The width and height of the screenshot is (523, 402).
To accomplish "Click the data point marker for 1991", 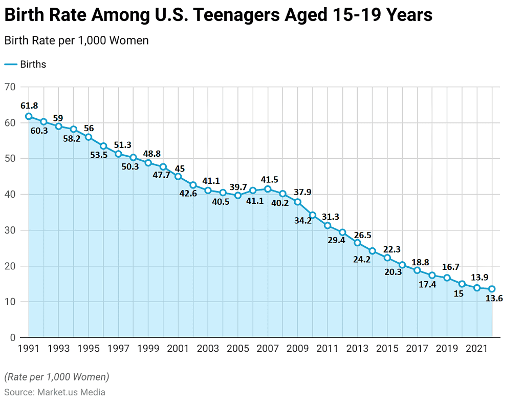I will (29, 116).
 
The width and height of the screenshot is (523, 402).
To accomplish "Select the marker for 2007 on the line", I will (268, 189).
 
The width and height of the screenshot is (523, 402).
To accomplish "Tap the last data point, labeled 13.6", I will (492, 289).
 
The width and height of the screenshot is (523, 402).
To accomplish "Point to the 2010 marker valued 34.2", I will (313, 215).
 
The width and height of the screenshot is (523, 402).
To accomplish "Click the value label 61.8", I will (29, 105).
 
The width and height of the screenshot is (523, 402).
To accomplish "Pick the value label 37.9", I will (302, 192).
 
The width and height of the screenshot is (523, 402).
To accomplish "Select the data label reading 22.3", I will (391, 249).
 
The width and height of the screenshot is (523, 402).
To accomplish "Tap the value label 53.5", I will (99, 155).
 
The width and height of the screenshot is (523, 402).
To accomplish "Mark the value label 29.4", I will (336, 240).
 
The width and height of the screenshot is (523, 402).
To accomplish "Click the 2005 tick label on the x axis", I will (238, 349).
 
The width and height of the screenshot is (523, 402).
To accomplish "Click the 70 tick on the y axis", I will (10, 87).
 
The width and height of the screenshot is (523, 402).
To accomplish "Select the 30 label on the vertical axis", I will (10, 230).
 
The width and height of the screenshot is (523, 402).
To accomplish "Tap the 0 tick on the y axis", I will (12, 337).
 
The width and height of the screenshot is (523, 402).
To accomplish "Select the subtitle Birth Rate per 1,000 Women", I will (77, 40).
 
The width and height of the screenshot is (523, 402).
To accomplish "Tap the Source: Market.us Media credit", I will (55, 392).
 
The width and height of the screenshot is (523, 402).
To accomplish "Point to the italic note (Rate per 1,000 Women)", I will (57, 377).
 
